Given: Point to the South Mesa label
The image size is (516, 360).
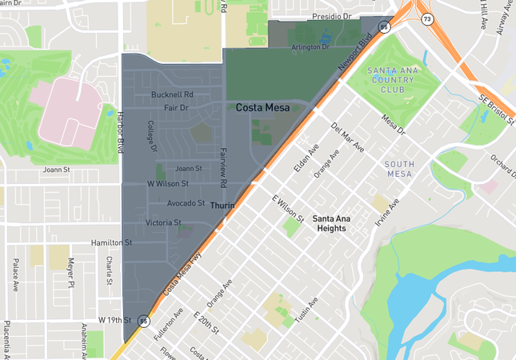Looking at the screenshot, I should pos(399,168).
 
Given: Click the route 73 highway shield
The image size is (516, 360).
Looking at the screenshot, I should pos(429,18).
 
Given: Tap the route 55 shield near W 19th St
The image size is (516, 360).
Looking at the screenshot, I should pos(143,321).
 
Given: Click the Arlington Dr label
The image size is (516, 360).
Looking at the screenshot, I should pos(309,47).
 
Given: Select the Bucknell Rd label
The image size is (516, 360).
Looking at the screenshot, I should pos(172,94).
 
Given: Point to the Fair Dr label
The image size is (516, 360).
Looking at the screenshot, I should pos(175,107).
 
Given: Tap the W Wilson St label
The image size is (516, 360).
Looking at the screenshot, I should pos(168,183).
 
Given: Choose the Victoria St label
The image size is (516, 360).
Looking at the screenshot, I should pos(163,222).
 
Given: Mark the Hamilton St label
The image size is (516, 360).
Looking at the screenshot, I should pos(110,242).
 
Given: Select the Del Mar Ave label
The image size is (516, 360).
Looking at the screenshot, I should pos(346,138).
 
